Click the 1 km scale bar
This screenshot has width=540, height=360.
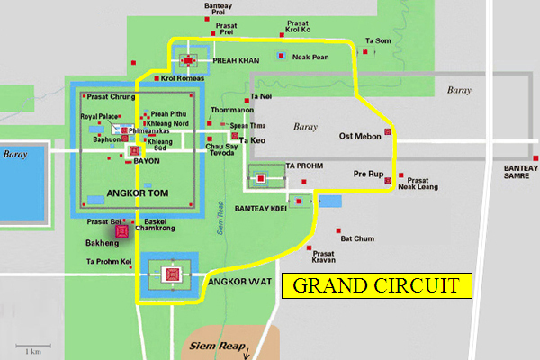(x=32, y=346)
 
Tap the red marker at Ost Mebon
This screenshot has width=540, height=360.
(x=388, y=133)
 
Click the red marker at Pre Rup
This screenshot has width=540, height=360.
(x=387, y=181)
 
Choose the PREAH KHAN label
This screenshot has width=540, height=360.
(x=236, y=60)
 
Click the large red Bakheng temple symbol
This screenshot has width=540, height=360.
(x=121, y=231)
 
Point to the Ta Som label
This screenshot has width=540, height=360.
(x=378, y=40)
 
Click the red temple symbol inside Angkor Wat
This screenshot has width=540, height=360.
(x=173, y=274)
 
